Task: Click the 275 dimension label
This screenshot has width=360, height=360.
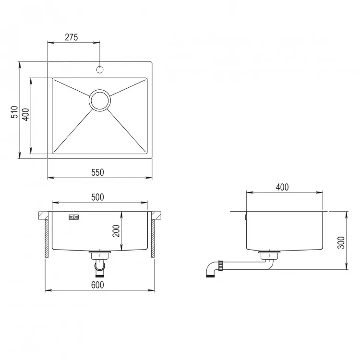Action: point(72,37)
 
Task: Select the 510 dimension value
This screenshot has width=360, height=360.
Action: point(14,112)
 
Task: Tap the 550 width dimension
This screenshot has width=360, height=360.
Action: point(97,172)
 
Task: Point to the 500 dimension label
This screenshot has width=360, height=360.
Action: point(97,197)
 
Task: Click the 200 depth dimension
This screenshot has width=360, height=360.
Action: point(116,231)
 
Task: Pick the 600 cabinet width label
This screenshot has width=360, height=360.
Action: point(97,285)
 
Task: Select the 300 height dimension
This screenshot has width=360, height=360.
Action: point(341,242)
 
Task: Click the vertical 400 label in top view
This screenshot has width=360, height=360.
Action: point(26,115)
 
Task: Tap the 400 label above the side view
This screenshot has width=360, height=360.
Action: point(282,187)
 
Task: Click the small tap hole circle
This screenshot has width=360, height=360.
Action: point(100,69)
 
